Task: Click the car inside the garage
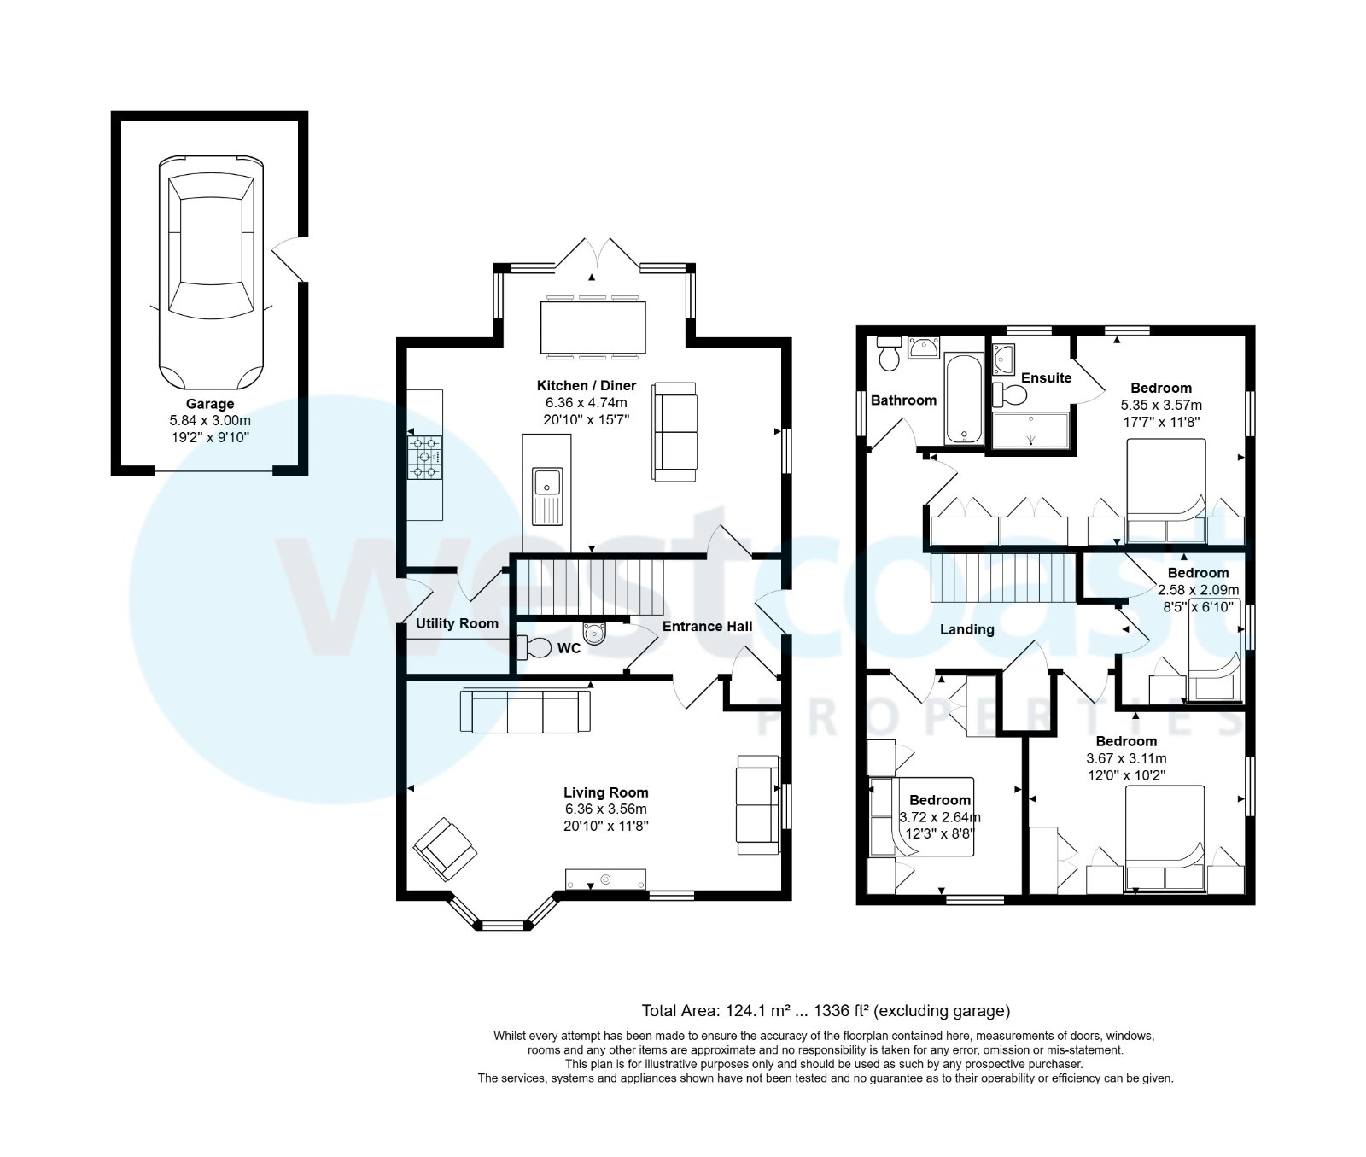click(210, 273)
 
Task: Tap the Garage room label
click(210, 404)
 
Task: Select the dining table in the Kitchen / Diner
click(593, 326)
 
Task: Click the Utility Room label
click(457, 623)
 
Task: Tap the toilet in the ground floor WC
click(535, 648)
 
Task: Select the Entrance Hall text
click(707, 626)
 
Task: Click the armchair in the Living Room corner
click(445, 849)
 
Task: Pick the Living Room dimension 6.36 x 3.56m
click(605, 809)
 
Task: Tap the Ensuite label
click(1046, 377)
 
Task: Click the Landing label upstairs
click(966, 629)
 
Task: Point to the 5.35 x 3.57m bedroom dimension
click(1160, 405)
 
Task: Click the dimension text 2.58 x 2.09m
click(1198, 590)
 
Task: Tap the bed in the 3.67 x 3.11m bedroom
click(1165, 837)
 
